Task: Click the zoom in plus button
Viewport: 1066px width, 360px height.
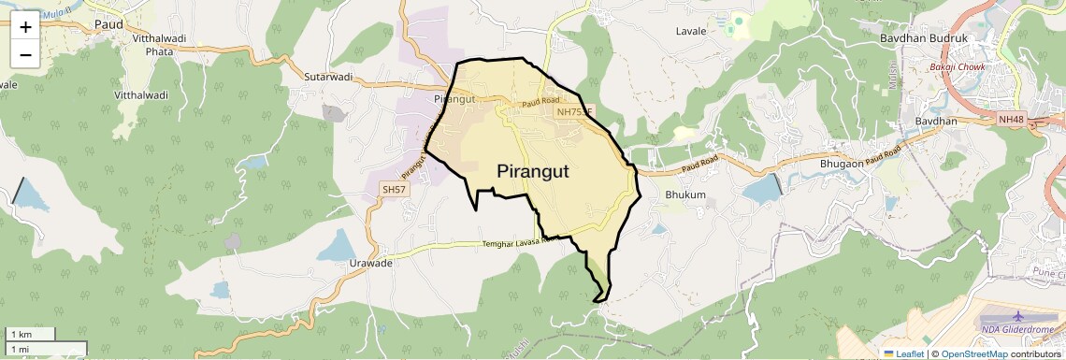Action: (x=25, y=26)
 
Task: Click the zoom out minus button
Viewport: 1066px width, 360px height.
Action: (x=25, y=54)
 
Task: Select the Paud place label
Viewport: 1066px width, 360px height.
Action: (x=109, y=24)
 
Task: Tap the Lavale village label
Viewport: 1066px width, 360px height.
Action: (x=690, y=31)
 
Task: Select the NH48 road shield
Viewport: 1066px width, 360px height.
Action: (x=1011, y=119)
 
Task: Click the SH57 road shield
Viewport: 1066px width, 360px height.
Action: (x=394, y=189)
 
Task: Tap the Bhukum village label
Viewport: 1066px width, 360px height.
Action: (x=684, y=194)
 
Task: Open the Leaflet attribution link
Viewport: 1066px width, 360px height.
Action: (x=903, y=353)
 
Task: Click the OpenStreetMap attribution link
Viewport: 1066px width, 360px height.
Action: (x=974, y=353)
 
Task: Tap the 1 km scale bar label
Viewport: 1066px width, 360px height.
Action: (x=21, y=335)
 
